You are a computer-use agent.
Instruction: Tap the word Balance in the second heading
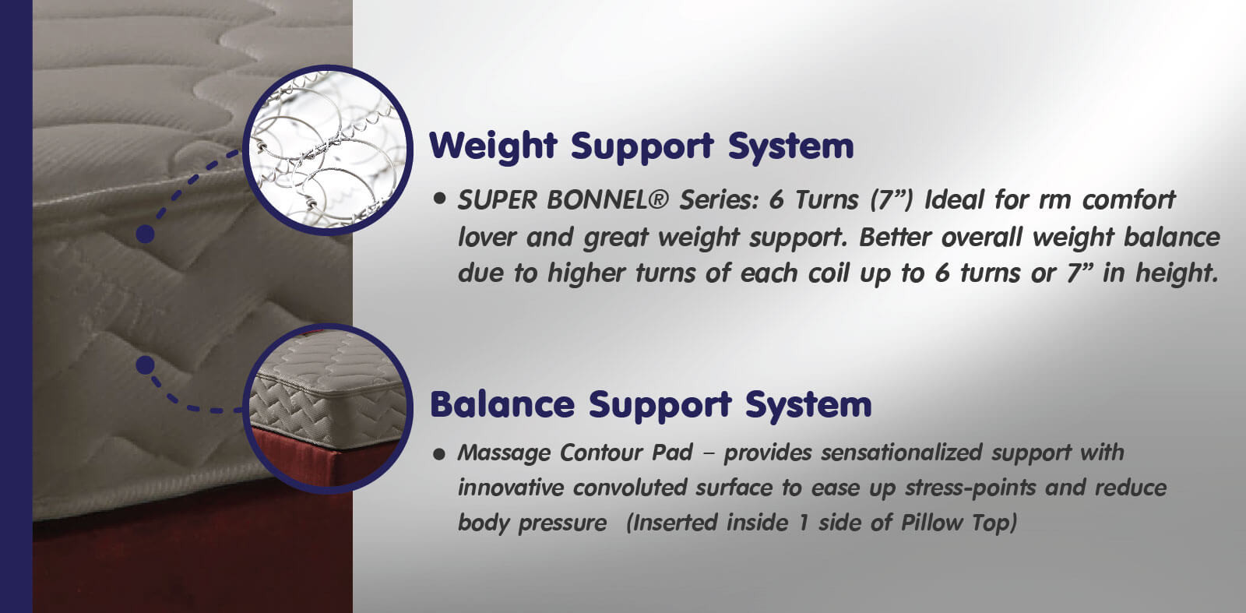point(502,404)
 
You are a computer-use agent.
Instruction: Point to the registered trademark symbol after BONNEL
point(657,199)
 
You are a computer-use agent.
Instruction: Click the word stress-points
point(970,488)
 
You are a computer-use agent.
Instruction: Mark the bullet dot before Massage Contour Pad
point(439,454)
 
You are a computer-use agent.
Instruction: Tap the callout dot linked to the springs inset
point(145,234)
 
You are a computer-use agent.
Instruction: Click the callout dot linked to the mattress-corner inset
point(145,365)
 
